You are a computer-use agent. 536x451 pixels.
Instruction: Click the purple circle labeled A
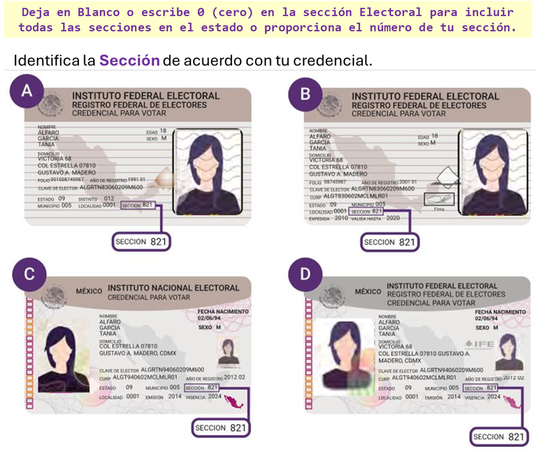[27, 91]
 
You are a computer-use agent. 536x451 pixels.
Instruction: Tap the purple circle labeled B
[305, 94]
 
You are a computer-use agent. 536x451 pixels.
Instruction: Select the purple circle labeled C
[29, 274]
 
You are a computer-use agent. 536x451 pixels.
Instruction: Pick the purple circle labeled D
[305, 274]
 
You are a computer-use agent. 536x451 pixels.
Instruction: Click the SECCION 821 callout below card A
[141, 242]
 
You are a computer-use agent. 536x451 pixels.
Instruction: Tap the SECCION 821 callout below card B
[390, 242]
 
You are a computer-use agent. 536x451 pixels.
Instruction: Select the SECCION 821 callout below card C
[221, 428]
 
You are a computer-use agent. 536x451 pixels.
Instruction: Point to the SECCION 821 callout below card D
[499, 437]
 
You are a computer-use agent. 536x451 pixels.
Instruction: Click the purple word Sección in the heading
[129, 60]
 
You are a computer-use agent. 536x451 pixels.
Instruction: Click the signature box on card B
[439, 199]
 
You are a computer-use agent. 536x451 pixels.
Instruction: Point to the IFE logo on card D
[479, 344]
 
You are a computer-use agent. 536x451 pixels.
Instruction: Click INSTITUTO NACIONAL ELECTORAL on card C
[173, 288]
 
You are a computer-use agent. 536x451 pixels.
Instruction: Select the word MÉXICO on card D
[368, 291]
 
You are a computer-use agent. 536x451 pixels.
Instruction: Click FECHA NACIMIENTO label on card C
[223, 312]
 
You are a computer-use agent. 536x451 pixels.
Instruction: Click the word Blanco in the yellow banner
[98, 12]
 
